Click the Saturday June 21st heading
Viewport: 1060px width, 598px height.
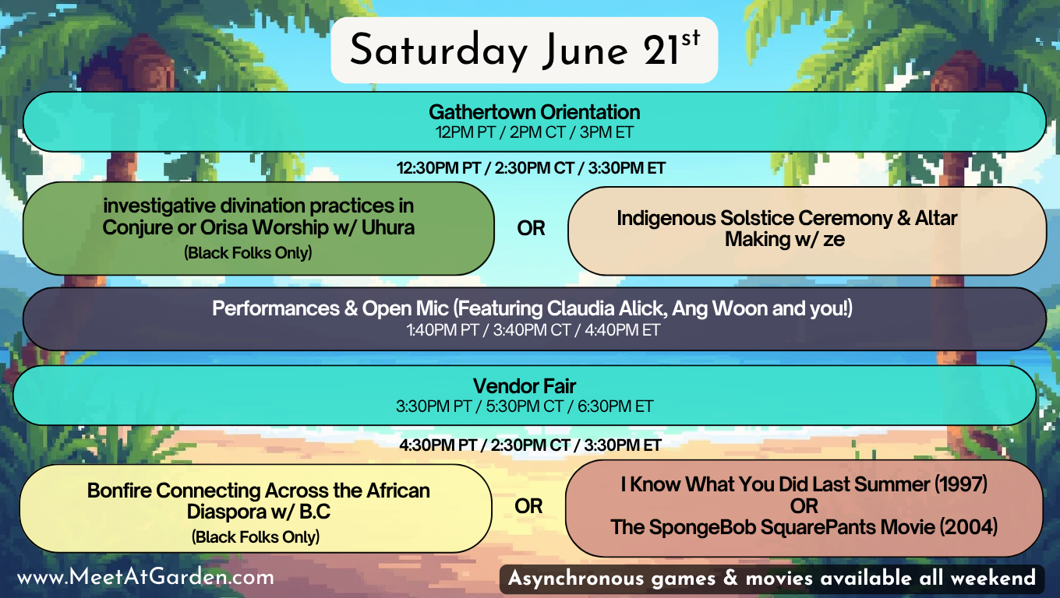pyautogui.click(x=525, y=50)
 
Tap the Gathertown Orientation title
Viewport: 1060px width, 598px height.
pyautogui.click(x=534, y=112)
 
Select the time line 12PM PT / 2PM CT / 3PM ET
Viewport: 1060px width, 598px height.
pyautogui.click(x=534, y=133)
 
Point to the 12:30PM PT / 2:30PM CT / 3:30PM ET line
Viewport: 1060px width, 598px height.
pyautogui.click(x=531, y=168)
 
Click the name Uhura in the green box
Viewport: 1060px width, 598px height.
pyautogui.click(x=388, y=227)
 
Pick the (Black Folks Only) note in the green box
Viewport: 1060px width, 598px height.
pyautogui.click(x=248, y=253)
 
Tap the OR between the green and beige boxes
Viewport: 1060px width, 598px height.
pyautogui.click(x=531, y=229)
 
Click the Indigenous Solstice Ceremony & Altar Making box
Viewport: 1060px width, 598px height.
pyautogui.click(x=807, y=230)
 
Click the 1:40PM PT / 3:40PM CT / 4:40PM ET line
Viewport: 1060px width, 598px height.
pyautogui.click(x=533, y=330)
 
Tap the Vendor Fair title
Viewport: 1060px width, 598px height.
pyautogui.click(x=525, y=386)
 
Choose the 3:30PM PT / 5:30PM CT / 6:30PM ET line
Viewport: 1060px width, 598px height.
pyautogui.click(x=525, y=406)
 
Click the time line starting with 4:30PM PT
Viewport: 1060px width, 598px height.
pyautogui.click(x=530, y=445)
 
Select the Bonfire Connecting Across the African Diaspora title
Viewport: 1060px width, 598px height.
pyautogui.click(x=259, y=501)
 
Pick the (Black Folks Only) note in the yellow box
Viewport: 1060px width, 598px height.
pyautogui.click(x=256, y=537)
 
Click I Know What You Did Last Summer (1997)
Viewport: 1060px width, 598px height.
pyautogui.click(x=804, y=484)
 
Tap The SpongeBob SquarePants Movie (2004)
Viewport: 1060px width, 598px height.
pyautogui.click(x=804, y=527)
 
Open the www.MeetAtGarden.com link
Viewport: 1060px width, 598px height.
pyautogui.click(x=145, y=578)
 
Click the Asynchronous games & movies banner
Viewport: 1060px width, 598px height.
pyautogui.click(x=772, y=579)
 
